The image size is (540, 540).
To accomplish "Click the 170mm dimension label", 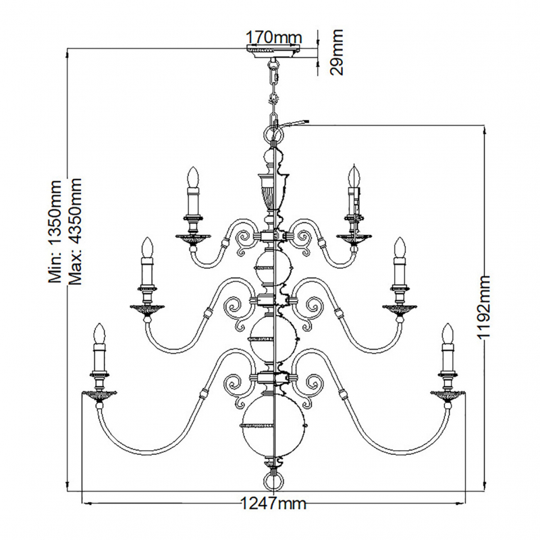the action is pyautogui.click(x=274, y=37).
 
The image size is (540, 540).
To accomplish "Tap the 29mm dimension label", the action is pyautogui.click(x=336, y=52).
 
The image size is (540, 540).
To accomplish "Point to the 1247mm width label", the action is pyautogui.click(x=273, y=504).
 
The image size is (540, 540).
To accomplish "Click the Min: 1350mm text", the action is pyautogui.click(x=55, y=231).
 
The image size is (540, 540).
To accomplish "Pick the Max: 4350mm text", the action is pyautogui.click(x=75, y=232).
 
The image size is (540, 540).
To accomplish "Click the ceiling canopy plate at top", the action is pyautogui.click(x=273, y=51).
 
